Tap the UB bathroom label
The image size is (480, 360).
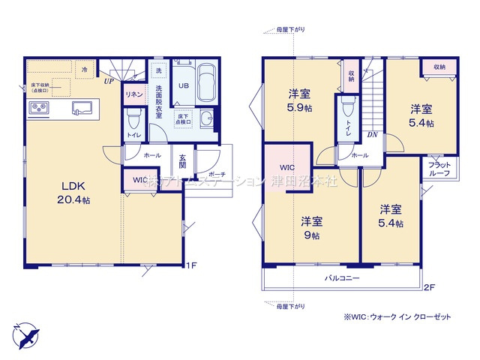click(x=183, y=85)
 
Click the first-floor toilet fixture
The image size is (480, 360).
click(x=135, y=118)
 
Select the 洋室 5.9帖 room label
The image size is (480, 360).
click(x=301, y=101)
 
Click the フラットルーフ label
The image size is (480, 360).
click(x=439, y=168)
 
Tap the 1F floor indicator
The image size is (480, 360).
click(x=191, y=265)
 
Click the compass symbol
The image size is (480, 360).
click(x=25, y=331)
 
